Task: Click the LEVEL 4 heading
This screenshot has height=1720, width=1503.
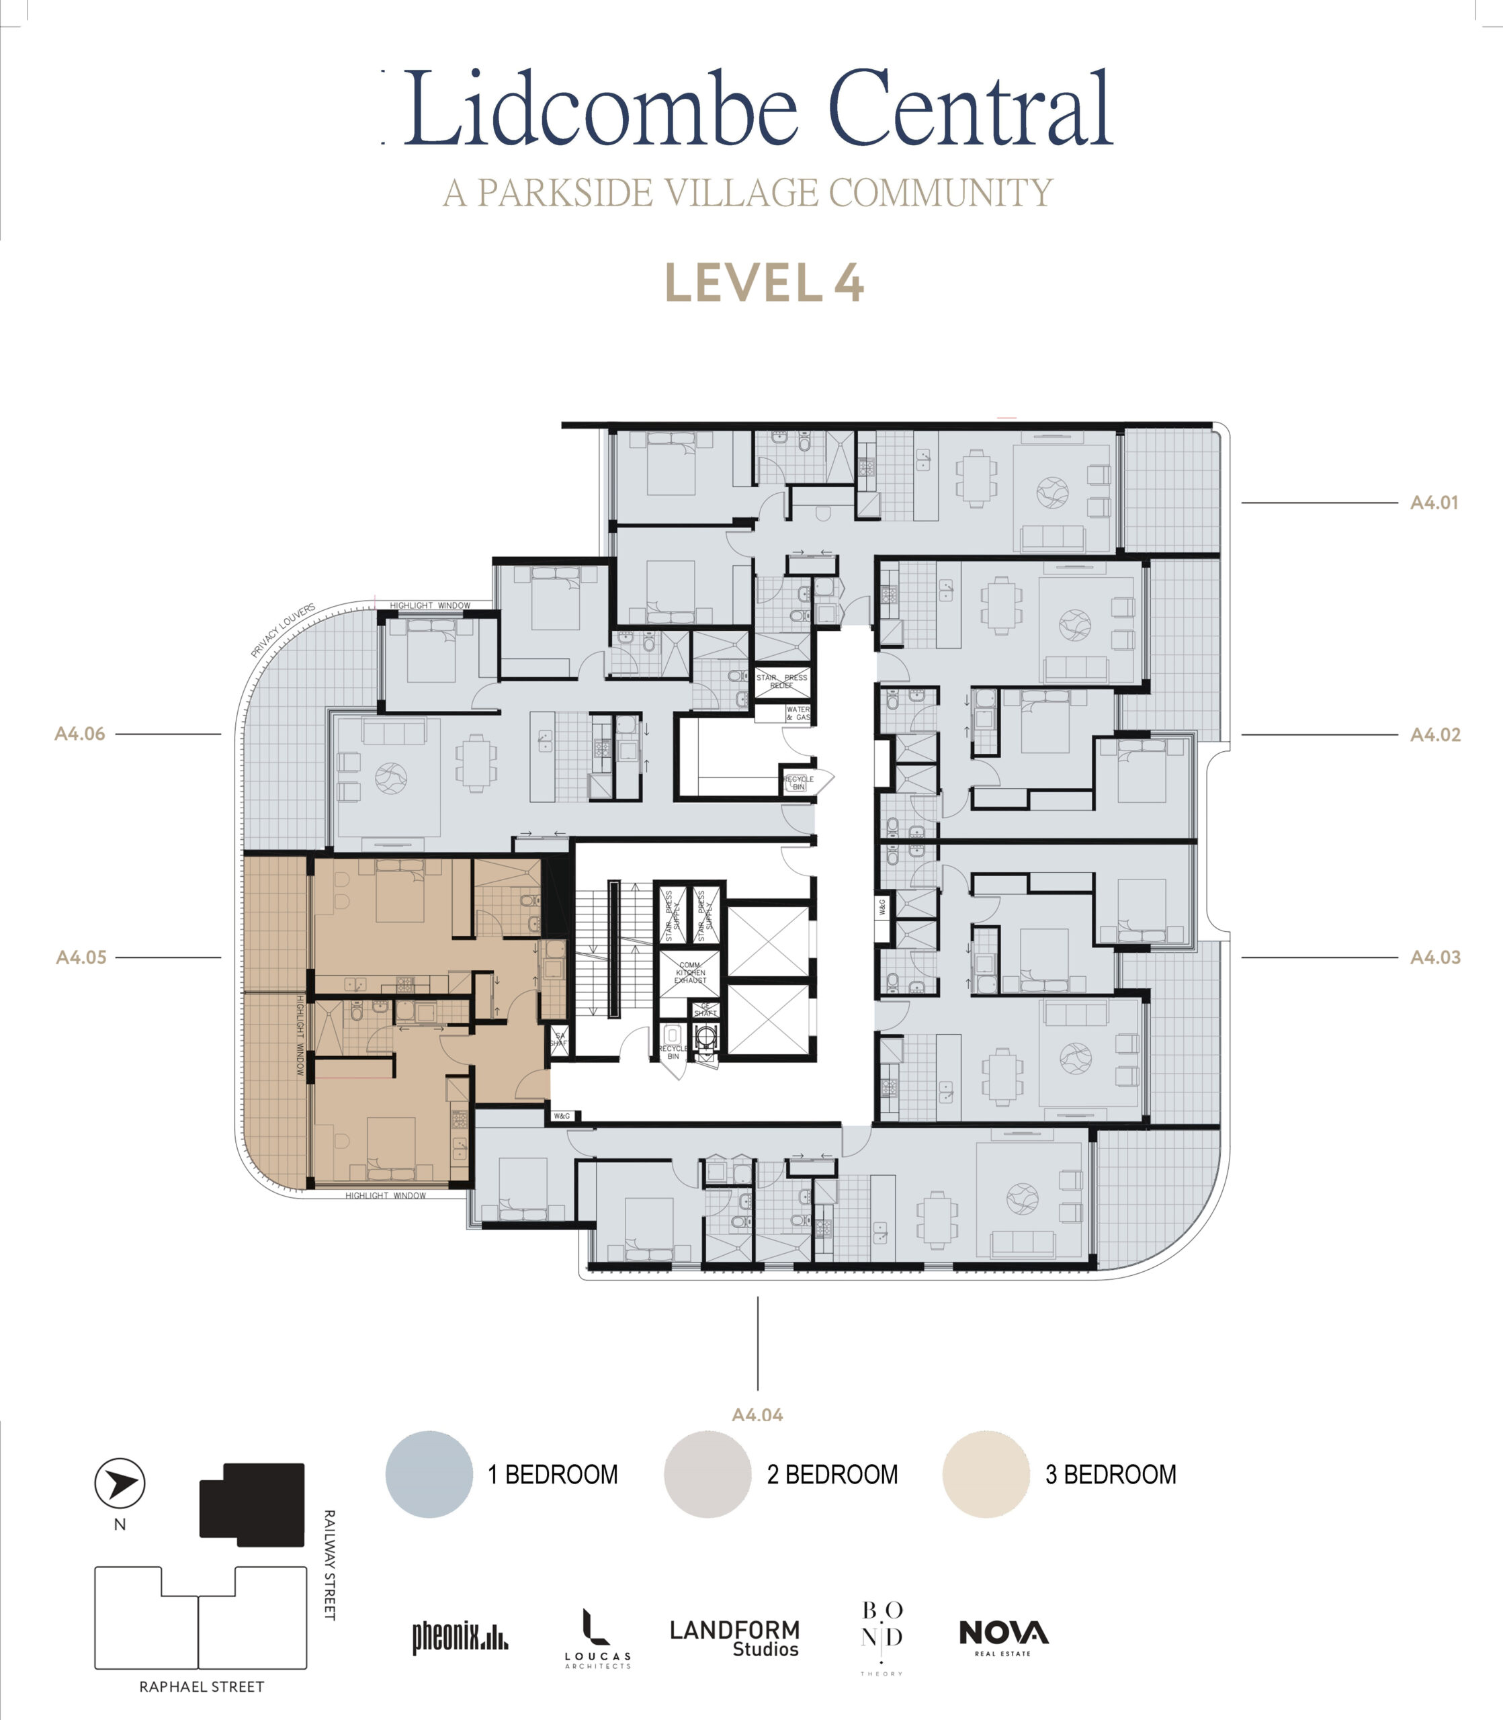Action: pos(764,284)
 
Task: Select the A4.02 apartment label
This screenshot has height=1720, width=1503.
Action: pos(1434,734)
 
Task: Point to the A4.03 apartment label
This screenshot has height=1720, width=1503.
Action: pos(1434,957)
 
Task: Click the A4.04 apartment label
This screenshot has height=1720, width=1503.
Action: pos(757,1415)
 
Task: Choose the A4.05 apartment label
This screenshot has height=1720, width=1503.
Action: pos(81,957)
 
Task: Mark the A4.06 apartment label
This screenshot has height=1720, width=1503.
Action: pos(80,734)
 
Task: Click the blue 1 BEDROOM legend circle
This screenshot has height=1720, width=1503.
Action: pos(429,1474)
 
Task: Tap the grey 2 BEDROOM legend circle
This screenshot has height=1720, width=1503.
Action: pos(707,1474)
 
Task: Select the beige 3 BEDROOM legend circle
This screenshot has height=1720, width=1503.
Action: pos(986,1474)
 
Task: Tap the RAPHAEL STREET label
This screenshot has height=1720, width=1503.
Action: pos(202,1686)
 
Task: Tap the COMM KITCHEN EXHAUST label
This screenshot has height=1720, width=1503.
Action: pos(690,973)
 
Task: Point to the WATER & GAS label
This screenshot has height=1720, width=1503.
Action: pos(798,713)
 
